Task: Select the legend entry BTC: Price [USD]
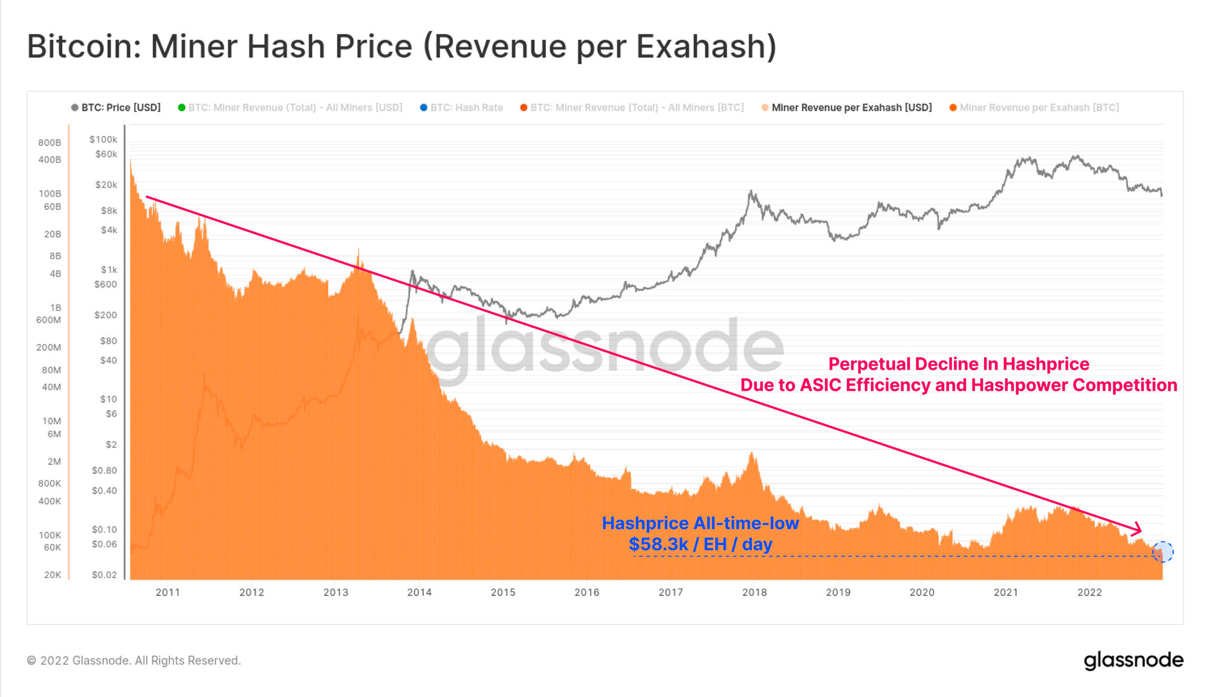[121, 108]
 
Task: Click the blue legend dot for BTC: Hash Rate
[424, 108]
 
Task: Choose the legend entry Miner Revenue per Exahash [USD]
[851, 108]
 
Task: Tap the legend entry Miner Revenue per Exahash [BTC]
[1039, 108]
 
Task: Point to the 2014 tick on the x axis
[419, 592]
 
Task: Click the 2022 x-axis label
[1089, 592]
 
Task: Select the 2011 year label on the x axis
[167, 592]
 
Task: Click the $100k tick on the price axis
[103, 140]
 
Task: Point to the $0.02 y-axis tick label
[104, 575]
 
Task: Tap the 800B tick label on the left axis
[50, 143]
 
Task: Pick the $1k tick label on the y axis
[109, 270]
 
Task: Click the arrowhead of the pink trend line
[1138, 529]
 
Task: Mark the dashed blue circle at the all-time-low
[1162, 552]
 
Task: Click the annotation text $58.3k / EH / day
[700, 545]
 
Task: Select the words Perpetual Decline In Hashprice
[958, 364]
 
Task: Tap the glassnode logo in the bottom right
[1133, 661]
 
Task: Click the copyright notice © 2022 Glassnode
[134, 661]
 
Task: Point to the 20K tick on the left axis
[53, 575]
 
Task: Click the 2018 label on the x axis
[754, 592]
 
